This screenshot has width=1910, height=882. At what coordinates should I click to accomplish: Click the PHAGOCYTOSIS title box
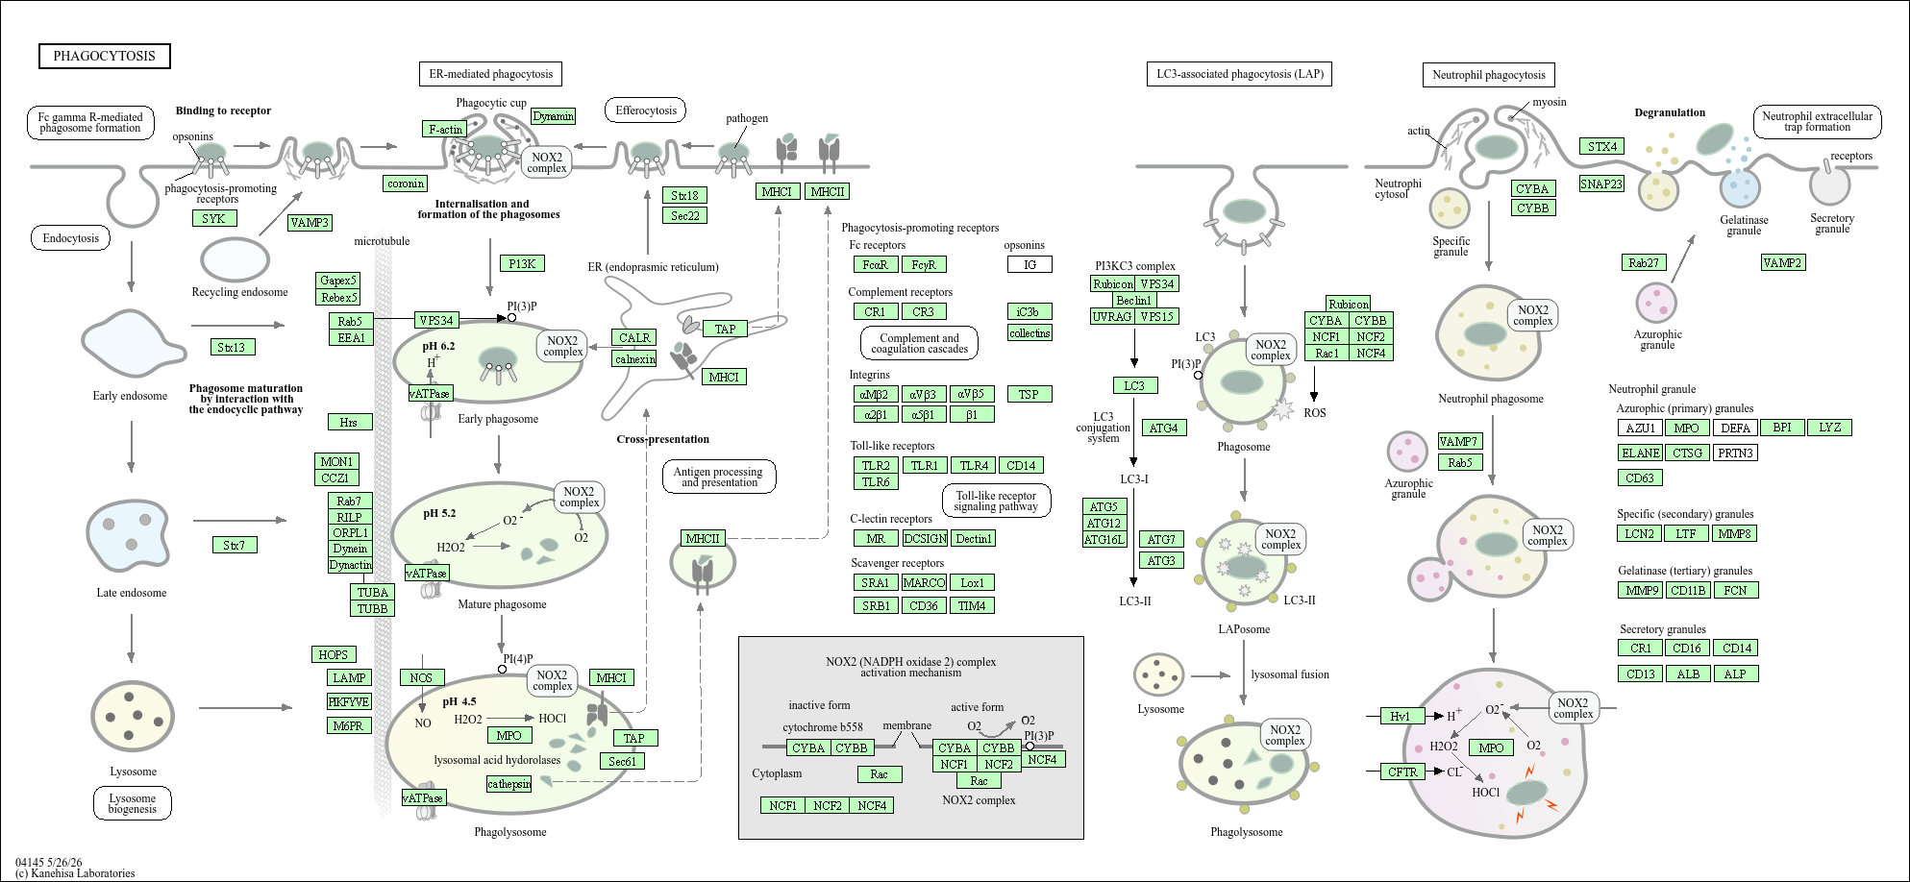105,56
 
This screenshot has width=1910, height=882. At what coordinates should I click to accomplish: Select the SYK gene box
213,218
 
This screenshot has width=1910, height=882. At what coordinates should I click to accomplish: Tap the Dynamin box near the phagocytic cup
554,116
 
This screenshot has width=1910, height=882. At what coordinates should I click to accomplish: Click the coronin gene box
406,184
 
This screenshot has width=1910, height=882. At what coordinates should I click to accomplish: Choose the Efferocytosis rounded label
645,110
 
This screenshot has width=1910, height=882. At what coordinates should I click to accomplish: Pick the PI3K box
522,263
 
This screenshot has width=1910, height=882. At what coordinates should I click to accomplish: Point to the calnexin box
634,358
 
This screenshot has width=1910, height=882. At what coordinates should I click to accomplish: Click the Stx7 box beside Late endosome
234,545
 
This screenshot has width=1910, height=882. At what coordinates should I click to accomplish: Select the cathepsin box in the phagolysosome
509,784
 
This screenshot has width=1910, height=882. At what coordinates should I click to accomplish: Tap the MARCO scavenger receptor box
924,582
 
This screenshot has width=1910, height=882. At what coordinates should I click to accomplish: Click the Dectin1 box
973,539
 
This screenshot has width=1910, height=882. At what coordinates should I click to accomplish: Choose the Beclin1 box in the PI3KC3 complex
1134,300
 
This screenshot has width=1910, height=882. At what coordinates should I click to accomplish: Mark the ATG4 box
1163,428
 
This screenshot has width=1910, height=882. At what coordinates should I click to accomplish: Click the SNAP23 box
1601,184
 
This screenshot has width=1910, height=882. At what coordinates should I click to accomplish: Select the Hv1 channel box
1401,716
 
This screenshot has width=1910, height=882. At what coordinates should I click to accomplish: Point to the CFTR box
1402,772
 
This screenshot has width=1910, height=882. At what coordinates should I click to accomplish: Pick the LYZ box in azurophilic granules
1829,428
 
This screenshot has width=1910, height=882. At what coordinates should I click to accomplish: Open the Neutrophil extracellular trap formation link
1817,122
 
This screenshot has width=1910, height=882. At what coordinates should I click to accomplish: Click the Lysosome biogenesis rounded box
133,803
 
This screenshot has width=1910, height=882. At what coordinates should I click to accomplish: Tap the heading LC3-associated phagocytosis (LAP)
1239,74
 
